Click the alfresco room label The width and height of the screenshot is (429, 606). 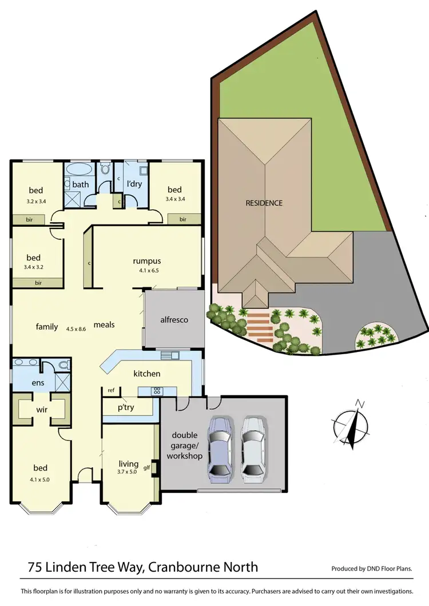tap(174, 320)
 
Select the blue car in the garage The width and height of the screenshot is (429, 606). tap(220, 447)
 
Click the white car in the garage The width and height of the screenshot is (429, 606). tap(252, 447)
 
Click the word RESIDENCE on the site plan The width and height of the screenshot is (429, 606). tap(264, 203)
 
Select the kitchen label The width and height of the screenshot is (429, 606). tap(147, 374)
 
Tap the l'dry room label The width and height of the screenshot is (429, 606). tap(134, 184)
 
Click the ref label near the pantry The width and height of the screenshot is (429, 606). tap(111, 391)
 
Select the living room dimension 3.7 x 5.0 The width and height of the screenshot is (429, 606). tap(129, 473)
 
